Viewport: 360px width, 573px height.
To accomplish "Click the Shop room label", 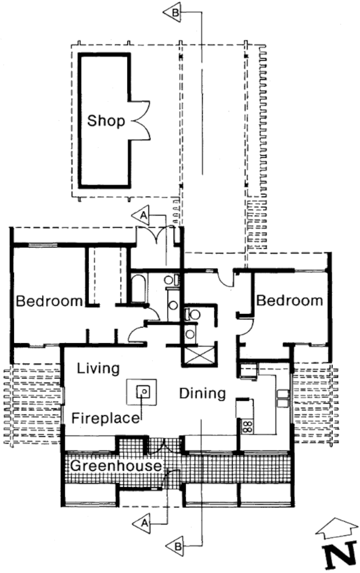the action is pos(106,121).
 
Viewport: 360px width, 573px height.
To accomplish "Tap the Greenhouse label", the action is pos(116,466).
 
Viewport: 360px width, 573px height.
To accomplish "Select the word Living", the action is pos(98,369).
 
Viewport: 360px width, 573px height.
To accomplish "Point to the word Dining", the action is pos(202,393).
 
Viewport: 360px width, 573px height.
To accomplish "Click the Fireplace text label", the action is pos(105,418).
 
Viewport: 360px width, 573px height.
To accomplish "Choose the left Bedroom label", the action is pos(49,301).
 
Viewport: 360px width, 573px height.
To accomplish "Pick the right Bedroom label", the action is pos(289,300).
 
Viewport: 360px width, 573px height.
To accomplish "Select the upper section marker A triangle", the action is pos(141,215).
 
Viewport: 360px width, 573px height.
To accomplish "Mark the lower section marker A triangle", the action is pos(142,523).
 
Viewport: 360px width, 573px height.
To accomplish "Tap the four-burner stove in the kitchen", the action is pos(247,426).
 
